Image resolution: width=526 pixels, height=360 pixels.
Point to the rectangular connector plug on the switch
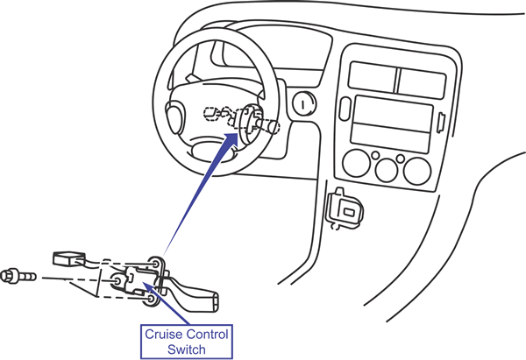(68, 258)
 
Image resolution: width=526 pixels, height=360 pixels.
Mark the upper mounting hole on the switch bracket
(155, 262)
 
